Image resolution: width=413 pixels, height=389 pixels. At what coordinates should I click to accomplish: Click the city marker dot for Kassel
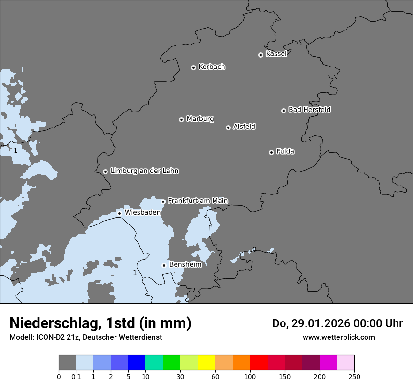(x=260, y=55)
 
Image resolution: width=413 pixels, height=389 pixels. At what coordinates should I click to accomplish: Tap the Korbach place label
(x=212, y=67)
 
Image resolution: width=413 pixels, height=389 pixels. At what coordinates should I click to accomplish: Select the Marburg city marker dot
(x=181, y=120)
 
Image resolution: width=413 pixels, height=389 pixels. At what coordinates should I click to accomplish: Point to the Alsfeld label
(x=244, y=127)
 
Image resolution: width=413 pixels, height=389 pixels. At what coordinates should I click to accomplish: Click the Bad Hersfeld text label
(x=309, y=110)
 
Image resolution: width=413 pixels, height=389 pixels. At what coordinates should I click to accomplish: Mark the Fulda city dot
(x=271, y=152)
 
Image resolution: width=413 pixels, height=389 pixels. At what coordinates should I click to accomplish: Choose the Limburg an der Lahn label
(x=144, y=171)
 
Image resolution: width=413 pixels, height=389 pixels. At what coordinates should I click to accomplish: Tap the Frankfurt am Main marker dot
(x=163, y=202)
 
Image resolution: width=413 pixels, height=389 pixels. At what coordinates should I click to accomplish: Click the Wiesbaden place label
(x=143, y=212)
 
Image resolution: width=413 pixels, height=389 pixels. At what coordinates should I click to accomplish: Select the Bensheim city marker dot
(x=164, y=265)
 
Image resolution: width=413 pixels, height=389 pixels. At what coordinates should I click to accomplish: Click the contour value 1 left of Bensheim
(x=135, y=273)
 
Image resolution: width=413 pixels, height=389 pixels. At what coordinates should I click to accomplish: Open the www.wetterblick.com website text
(x=338, y=337)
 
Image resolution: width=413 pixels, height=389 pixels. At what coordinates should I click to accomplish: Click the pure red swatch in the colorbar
(x=259, y=363)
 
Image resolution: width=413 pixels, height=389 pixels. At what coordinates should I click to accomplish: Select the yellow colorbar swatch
(x=206, y=363)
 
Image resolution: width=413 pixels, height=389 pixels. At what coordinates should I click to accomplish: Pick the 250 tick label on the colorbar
(x=354, y=376)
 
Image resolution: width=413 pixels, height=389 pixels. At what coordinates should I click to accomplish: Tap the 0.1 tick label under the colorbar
(x=76, y=376)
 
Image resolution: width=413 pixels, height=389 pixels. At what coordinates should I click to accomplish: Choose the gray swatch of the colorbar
(x=67, y=363)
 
